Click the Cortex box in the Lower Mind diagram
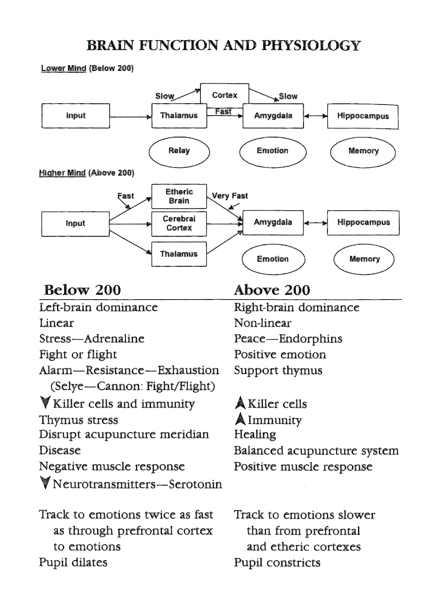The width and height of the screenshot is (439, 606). [x=224, y=95]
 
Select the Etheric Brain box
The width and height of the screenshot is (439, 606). [x=179, y=196]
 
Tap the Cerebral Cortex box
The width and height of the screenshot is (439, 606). [x=179, y=223]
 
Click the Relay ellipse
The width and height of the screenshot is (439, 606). [x=179, y=151]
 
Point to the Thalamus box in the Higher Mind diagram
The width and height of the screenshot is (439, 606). [x=179, y=254]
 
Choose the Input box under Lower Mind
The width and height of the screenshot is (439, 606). [x=76, y=116]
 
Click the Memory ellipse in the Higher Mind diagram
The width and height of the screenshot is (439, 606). [x=364, y=259]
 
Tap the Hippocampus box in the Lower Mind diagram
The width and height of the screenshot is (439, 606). [x=363, y=116]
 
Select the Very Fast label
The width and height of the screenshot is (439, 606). [x=230, y=196]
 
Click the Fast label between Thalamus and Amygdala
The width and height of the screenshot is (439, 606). [x=223, y=111]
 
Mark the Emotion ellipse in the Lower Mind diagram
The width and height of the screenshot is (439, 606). [x=273, y=151]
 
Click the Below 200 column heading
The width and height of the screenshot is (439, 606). [x=82, y=290]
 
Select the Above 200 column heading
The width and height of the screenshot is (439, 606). [x=272, y=290]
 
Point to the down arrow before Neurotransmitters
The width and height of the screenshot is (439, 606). [x=45, y=483]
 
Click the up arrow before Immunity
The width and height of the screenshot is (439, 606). [x=240, y=419]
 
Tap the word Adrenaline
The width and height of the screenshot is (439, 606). [x=114, y=339]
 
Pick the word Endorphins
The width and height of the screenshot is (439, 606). [x=310, y=339]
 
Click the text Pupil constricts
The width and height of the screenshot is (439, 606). [x=277, y=562]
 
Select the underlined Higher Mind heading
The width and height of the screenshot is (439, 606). [x=62, y=173]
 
